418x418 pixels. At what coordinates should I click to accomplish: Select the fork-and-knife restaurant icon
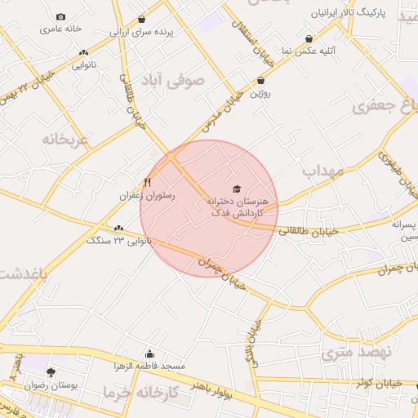[148, 182]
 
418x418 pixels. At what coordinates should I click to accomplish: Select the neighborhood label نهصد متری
[358, 353]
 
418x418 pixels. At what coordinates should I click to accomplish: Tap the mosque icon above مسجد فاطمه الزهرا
[149, 354]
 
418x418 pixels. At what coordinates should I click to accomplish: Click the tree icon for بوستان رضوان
[51, 372]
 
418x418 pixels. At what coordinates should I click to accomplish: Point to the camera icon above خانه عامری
[61, 16]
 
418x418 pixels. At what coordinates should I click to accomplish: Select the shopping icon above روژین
[260, 81]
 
